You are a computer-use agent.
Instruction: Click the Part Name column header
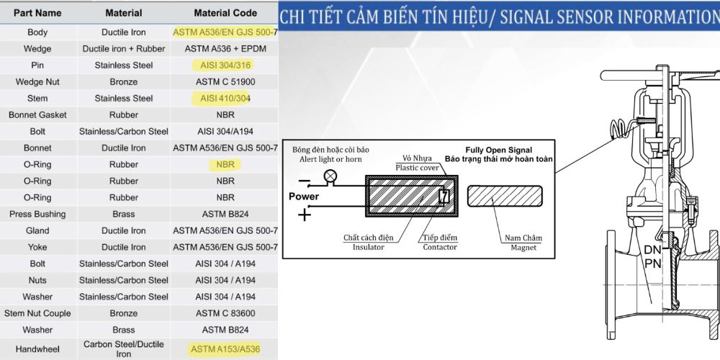point(37,13)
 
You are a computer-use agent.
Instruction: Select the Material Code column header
point(225,13)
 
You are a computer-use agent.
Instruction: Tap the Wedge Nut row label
point(37,82)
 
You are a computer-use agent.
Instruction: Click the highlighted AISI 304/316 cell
point(225,66)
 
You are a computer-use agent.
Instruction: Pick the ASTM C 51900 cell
point(225,82)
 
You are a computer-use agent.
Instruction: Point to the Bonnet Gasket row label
point(37,114)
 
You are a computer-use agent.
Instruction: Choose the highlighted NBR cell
point(225,164)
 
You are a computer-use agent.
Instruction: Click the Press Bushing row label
point(37,214)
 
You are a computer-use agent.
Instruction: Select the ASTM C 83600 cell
point(225,313)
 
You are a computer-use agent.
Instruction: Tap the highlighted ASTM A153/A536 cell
point(225,349)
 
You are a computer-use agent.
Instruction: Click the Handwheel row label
point(37,349)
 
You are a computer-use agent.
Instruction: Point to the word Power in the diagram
point(304,197)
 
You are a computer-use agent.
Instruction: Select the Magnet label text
point(523,248)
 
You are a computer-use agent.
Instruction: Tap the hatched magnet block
point(505,196)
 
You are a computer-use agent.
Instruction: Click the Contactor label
point(440,247)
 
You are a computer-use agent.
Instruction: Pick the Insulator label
point(368,247)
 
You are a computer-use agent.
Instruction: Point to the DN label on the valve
point(652,251)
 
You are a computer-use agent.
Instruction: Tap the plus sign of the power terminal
point(305,215)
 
